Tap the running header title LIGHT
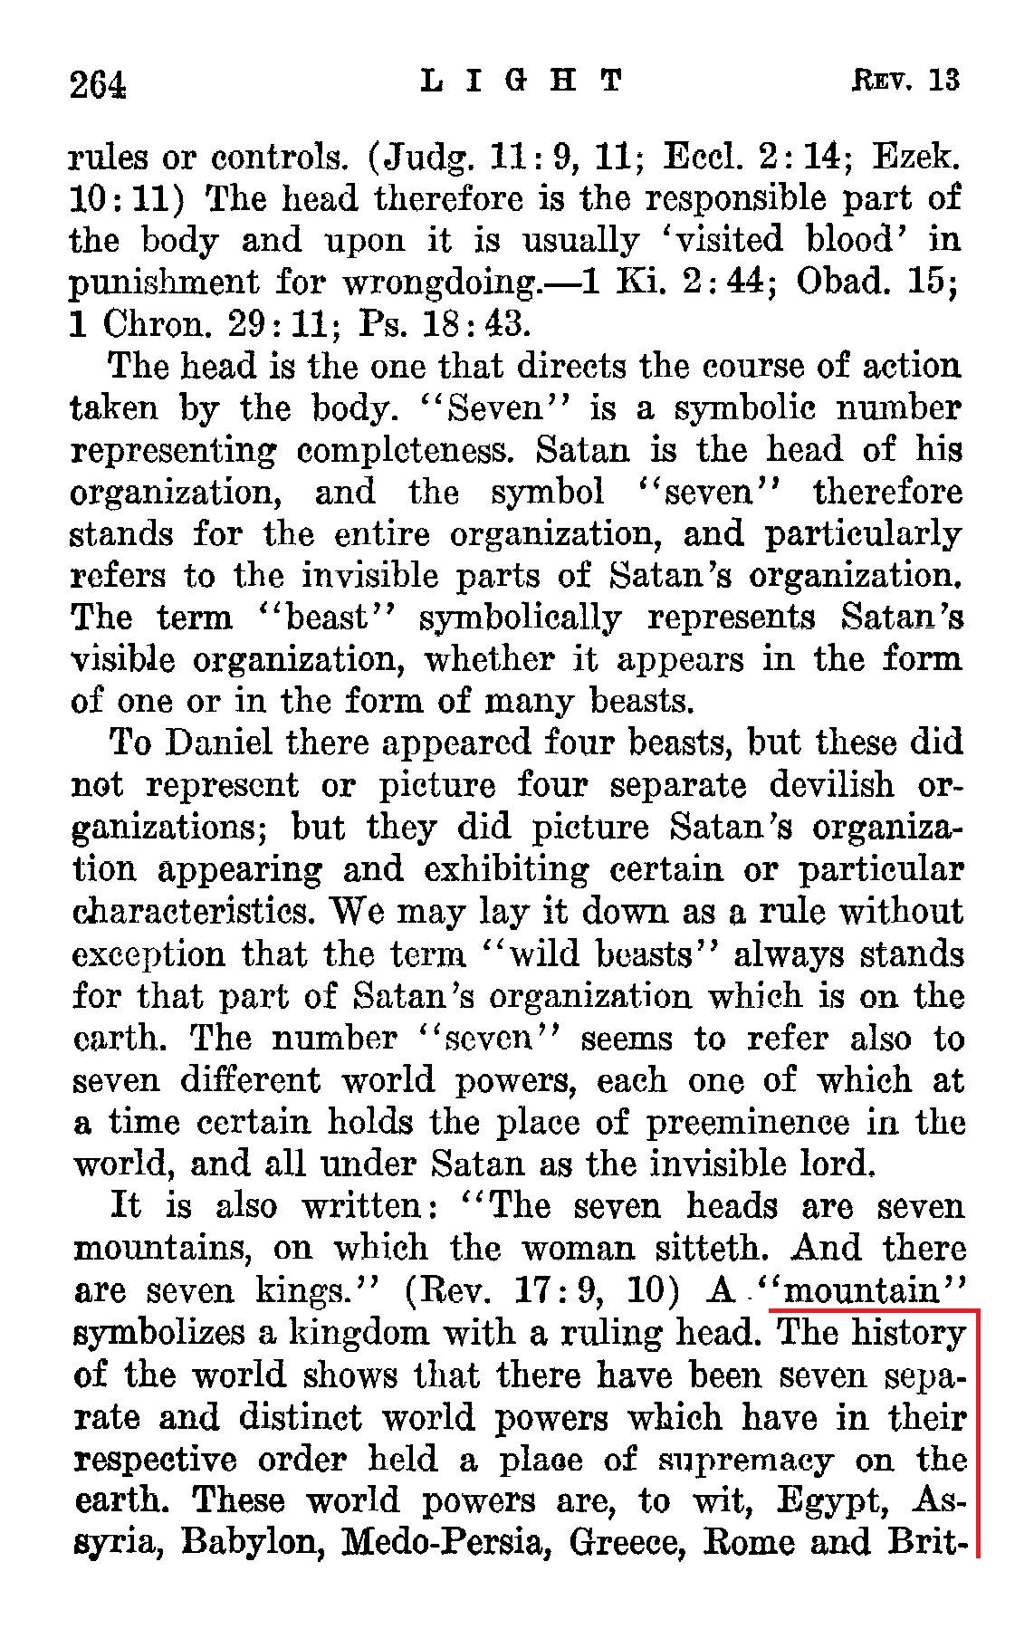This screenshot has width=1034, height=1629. (523, 81)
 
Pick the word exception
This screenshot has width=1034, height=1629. (146, 953)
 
